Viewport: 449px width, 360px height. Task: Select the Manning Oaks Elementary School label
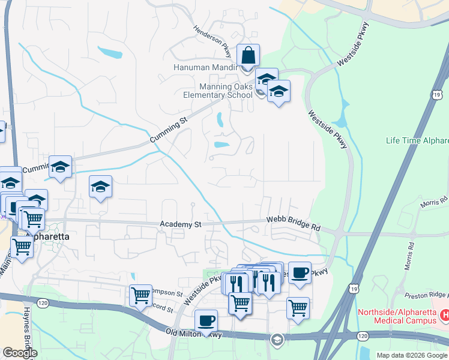[x=218, y=91]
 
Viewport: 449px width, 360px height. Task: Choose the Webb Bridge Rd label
[x=294, y=225]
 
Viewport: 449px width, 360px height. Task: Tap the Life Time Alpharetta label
[x=417, y=141]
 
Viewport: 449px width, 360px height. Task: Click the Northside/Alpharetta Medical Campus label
[x=397, y=316]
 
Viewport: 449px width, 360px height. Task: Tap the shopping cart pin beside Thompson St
[x=140, y=295]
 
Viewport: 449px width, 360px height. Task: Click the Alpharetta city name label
[x=47, y=236]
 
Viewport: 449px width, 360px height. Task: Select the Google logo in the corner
[x=20, y=353]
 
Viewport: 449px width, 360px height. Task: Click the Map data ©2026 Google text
[x=412, y=355]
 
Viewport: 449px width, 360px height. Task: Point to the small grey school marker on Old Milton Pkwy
[x=277, y=340]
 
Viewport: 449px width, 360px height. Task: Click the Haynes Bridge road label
[x=28, y=330]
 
